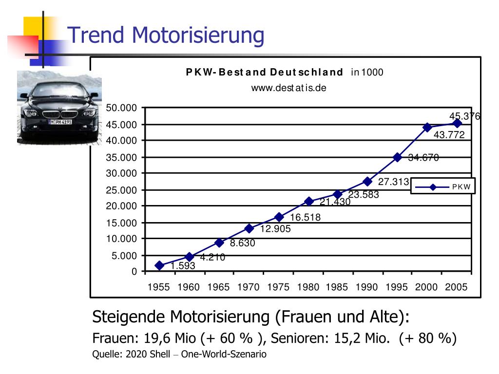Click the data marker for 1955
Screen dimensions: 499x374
click(159, 265)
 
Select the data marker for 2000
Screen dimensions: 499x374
click(427, 127)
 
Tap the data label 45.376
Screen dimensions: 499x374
click(464, 116)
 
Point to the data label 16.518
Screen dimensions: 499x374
click(305, 217)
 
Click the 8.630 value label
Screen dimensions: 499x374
click(243, 243)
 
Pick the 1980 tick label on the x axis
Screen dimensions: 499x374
click(308, 287)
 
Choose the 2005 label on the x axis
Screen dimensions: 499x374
click(456, 287)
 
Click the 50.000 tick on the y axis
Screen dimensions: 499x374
click(121, 108)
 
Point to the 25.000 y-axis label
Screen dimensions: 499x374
click(121, 190)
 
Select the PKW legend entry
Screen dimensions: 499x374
click(442, 187)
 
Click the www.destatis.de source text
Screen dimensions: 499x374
click(288, 88)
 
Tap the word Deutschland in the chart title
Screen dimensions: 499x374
click(307, 72)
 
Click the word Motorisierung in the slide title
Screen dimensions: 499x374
click(198, 35)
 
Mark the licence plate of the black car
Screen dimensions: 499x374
click(60, 122)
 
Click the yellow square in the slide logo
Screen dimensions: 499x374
click(33, 27)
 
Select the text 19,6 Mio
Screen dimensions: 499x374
click(170, 338)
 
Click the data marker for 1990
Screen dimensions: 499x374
click(367, 182)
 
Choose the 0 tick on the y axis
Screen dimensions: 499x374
click(134, 272)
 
